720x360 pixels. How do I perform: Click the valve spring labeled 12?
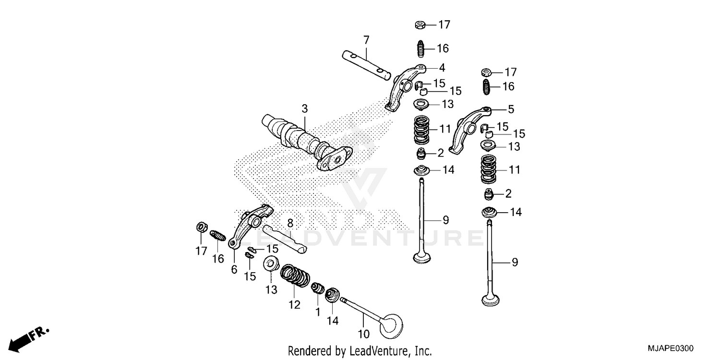(294, 276)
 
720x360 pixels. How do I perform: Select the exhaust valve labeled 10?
(374, 319)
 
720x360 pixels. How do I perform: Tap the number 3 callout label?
(304, 109)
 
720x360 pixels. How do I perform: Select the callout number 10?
(364, 333)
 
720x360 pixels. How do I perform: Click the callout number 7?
(366, 39)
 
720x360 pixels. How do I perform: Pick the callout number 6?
(234, 269)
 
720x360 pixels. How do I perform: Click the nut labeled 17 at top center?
(419, 24)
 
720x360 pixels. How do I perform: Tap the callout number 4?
(442, 68)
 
